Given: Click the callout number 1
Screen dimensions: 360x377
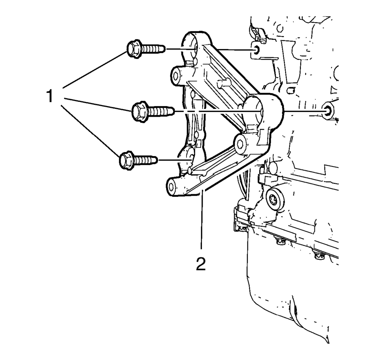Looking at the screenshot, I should [x=50, y=96].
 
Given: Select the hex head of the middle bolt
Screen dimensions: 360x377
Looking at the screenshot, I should [x=140, y=112].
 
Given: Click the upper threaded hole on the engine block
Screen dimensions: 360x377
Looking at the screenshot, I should [x=256, y=50].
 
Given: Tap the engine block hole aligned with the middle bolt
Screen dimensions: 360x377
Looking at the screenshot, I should [x=327, y=111].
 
